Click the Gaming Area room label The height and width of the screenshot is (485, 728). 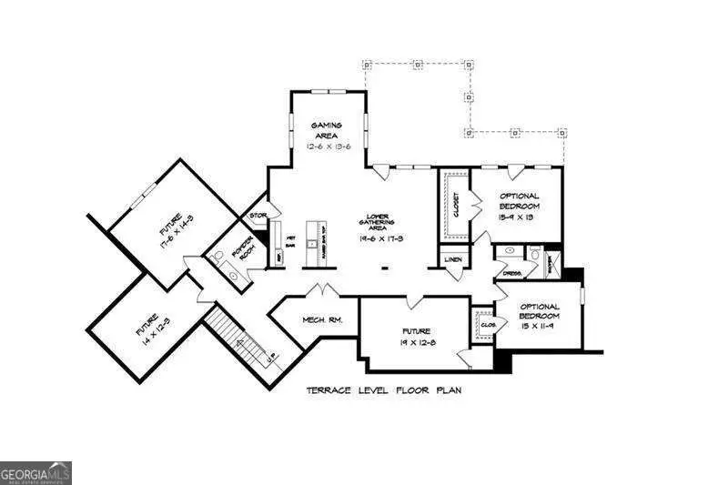click(325, 130)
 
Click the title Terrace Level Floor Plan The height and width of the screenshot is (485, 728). click(383, 389)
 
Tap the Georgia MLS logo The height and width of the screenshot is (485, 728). click(35, 473)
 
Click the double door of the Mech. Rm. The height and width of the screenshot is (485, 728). click(321, 291)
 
